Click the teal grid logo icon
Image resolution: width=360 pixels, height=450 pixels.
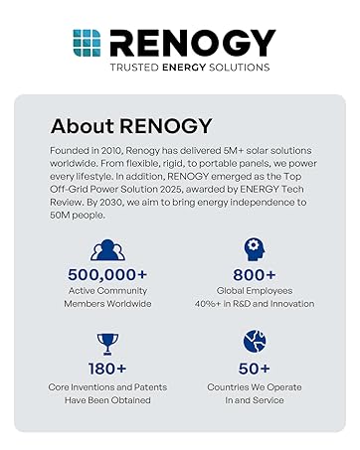point(87,43)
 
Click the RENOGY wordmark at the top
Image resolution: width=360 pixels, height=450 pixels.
point(191,43)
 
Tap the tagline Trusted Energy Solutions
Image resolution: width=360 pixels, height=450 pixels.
point(190,68)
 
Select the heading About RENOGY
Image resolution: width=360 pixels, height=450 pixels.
point(131,127)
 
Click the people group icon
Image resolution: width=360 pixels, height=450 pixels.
point(107,249)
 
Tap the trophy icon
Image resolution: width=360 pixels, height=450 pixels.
point(107,343)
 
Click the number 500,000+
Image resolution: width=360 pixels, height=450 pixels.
point(107,273)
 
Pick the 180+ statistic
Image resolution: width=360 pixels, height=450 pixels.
point(107,368)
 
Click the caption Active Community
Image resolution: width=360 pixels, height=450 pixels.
point(107,291)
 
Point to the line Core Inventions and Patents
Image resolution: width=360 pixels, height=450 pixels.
point(107,385)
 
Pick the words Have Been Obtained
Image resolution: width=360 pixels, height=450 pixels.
point(107,399)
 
